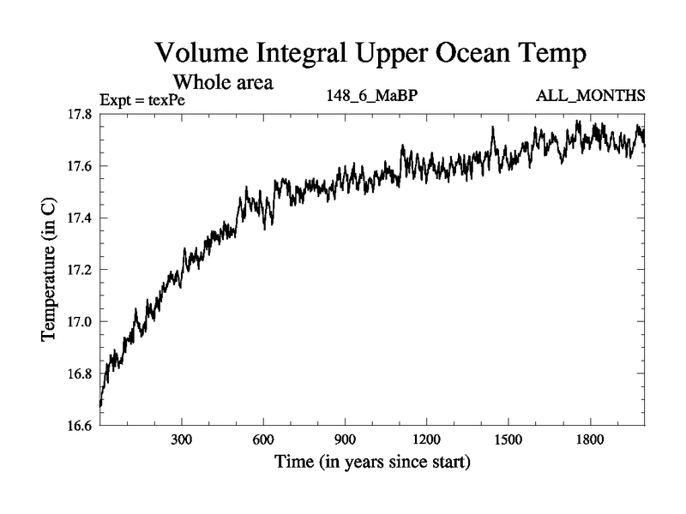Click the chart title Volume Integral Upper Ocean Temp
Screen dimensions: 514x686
(370, 53)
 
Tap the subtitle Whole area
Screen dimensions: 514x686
(224, 83)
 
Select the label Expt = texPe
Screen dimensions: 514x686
(142, 99)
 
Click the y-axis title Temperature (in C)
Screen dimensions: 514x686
(49, 270)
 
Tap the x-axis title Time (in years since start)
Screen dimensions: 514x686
(372, 463)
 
